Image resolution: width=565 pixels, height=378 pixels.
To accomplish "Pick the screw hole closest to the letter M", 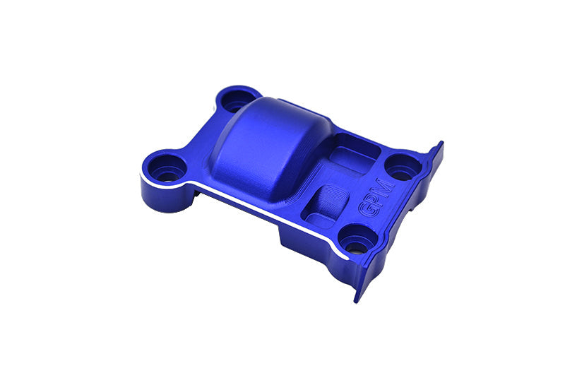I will coord(403,167).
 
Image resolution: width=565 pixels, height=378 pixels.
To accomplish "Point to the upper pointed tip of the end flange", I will coord(439,145).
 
